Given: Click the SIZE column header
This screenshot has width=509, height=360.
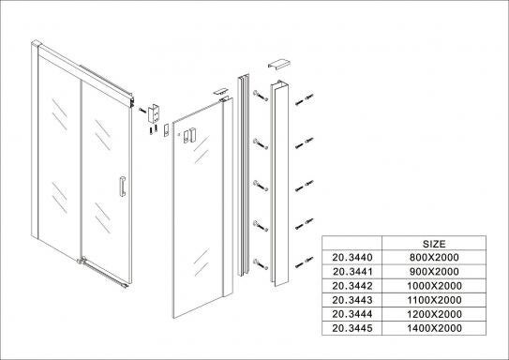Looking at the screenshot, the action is click(434, 244).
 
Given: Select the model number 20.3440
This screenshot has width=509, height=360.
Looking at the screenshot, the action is click(352, 258).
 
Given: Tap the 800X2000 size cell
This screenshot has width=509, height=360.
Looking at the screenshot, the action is click(434, 258).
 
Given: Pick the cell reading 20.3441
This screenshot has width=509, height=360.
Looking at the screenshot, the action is click(352, 272).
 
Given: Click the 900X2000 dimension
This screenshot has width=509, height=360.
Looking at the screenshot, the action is click(434, 272).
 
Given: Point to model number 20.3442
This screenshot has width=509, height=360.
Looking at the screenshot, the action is click(352, 286).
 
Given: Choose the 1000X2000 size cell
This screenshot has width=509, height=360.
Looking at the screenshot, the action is click(434, 286).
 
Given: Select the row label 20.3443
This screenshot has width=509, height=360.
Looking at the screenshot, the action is click(352, 300).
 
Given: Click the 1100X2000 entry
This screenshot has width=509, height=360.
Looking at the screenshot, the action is click(434, 300).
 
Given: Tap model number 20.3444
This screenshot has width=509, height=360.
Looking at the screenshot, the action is click(352, 314).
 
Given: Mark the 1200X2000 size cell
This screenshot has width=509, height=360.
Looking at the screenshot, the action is click(434, 314).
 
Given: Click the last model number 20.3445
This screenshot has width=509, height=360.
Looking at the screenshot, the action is click(352, 328).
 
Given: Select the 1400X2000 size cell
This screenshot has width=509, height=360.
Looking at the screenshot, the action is click(434, 328).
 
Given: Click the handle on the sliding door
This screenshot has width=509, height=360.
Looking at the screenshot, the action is click(123, 187).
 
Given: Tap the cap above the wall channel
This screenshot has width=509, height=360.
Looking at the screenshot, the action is click(278, 64).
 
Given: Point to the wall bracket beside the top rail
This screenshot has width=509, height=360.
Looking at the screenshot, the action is click(154, 113).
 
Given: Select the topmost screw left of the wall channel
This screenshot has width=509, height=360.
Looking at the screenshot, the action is click(261, 96).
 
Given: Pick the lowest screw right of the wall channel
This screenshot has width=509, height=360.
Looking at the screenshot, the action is click(304, 262).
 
